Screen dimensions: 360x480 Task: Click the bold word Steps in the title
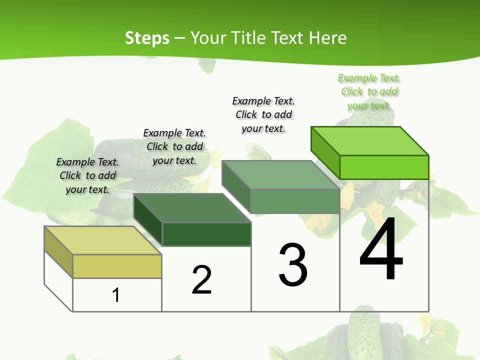coord(147,38)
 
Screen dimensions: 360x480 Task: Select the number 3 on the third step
coord(293,265)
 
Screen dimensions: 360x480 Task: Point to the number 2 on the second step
coord(202,280)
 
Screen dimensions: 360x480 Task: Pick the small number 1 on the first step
coord(116,295)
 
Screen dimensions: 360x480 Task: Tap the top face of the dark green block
coord(192,208)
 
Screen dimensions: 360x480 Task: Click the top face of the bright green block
coord(370,141)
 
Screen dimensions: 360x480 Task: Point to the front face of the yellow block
coord(117,266)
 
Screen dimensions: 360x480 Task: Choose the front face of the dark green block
coord(206,234)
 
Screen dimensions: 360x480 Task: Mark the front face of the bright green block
coord(384,167)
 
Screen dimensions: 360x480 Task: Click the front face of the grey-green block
coord(295,201)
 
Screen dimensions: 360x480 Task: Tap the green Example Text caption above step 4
coord(369,92)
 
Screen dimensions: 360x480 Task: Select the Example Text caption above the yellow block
coord(87,175)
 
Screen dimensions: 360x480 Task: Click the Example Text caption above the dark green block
coord(174,146)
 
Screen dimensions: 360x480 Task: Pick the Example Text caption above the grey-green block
coord(263,114)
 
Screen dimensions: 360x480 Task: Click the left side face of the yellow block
coord(58,252)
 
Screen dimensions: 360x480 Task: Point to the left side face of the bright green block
coord(325,152)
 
